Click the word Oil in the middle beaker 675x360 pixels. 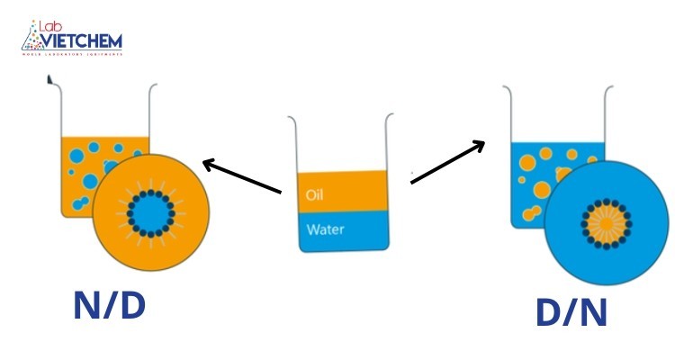pos(314,194)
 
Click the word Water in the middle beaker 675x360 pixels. pos(326,229)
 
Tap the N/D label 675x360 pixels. pos(109,306)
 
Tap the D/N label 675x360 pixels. pos(571,311)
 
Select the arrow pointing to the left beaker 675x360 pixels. pos(243,177)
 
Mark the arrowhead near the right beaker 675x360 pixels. pos(481,144)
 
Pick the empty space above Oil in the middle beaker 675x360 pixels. pos(343,144)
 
